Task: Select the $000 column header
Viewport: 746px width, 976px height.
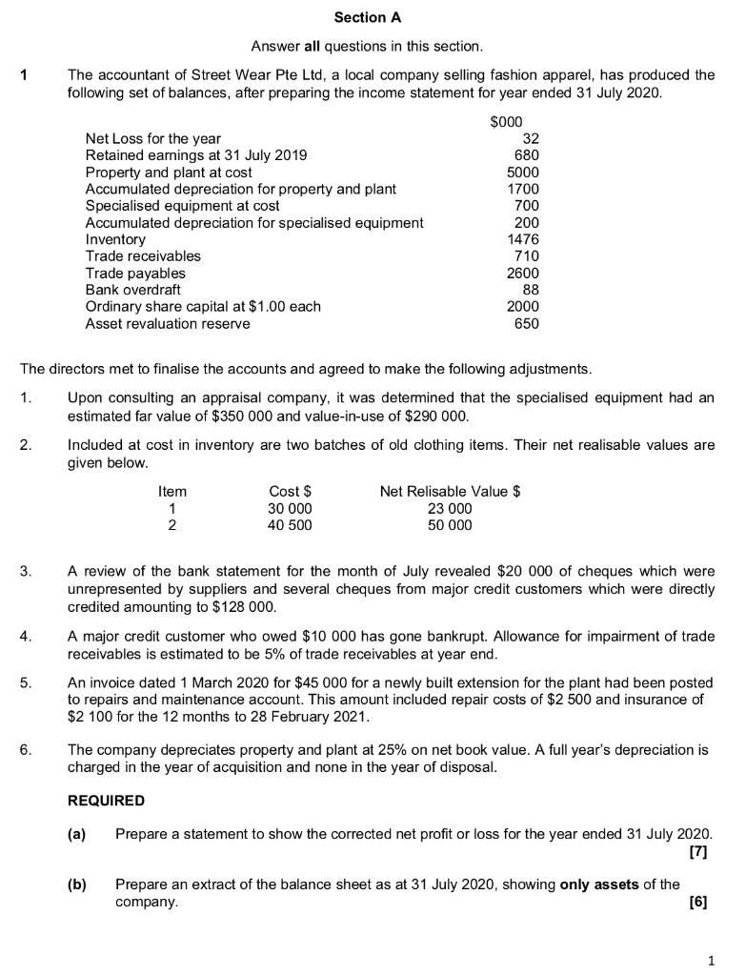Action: pyautogui.click(x=506, y=122)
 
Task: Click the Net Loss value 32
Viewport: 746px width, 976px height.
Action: pyautogui.click(x=530, y=139)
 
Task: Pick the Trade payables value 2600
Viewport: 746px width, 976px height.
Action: pyautogui.click(x=522, y=273)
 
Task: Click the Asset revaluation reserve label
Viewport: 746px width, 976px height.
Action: pyautogui.click(x=168, y=323)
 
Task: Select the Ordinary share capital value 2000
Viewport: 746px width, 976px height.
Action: pyautogui.click(x=522, y=306)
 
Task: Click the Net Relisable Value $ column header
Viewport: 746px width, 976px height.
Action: pyautogui.click(x=450, y=492)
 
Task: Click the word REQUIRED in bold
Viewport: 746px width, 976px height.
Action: pyautogui.click(x=106, y=801)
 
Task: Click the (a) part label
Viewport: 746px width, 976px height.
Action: pyautogui.click(x=76, y=834)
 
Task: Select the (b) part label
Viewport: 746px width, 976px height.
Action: pyautogui.click(x=76, y=884)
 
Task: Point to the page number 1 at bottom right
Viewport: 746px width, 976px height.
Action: pyautogui.click(x=710, y=957)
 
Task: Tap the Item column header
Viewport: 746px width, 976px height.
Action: pyautogui.click(x=172, y=492)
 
